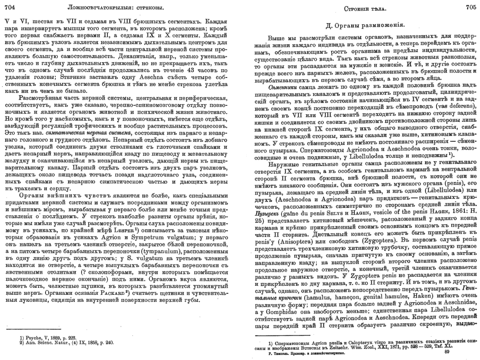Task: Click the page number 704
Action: tap(9, 7)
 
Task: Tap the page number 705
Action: tap(471, 7)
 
